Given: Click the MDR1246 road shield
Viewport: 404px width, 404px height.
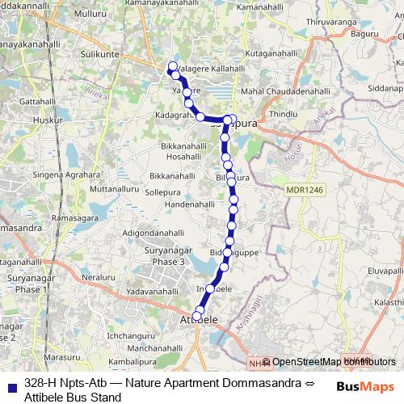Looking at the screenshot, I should pyautogui.click(x=304, y=189).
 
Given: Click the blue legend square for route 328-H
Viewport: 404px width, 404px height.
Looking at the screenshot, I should pyautogui.click(x=10, y=385).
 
